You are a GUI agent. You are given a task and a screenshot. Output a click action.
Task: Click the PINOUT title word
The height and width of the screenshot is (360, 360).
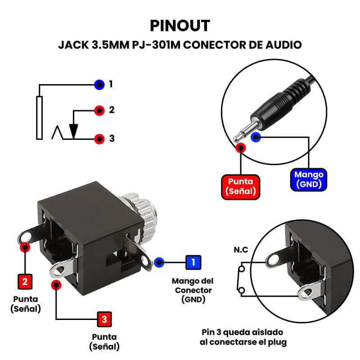180,25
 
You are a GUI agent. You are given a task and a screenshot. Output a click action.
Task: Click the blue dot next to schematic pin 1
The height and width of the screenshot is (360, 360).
99,84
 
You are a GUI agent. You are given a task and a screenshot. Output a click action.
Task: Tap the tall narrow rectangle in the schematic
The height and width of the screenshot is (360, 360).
39,117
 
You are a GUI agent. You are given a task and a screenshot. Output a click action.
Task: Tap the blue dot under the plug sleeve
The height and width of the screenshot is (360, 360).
256,137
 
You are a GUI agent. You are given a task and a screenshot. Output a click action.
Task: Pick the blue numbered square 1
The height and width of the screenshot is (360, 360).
193,262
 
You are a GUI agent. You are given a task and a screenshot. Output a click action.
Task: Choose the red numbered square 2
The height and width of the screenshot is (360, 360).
24,281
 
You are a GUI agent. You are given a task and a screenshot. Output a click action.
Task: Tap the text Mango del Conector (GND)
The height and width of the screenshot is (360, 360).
192,290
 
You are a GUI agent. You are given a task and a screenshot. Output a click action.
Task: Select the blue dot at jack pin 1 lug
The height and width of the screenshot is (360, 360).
158,262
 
